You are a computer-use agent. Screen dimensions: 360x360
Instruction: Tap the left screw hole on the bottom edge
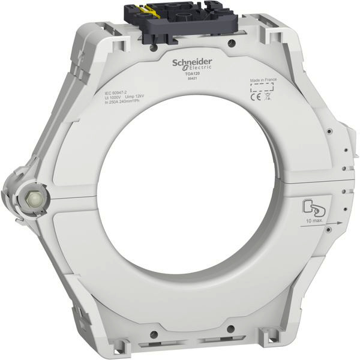pos(154,335)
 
